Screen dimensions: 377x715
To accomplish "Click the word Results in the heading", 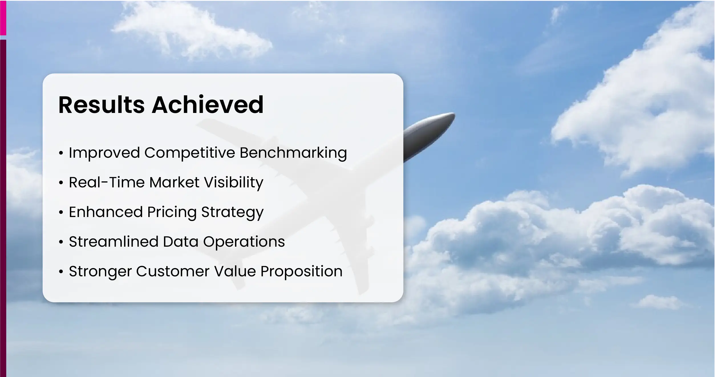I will (101, 105).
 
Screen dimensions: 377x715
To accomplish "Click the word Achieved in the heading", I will (207, 105).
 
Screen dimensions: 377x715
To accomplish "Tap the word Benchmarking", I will (293, 153).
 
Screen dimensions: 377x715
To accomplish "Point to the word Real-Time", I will (107, 182).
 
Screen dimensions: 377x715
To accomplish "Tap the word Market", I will (174, 182).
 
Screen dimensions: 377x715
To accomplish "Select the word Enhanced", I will (106, 212).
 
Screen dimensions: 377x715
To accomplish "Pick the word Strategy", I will (232, 212).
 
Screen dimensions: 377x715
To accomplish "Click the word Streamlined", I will (114, 242).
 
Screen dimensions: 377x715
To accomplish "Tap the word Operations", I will (244, 242).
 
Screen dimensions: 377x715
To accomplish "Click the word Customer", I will (173, 271).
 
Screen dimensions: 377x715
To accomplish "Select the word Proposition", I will (301, 272).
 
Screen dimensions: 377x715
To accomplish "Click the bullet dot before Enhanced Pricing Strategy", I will (60, 213).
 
